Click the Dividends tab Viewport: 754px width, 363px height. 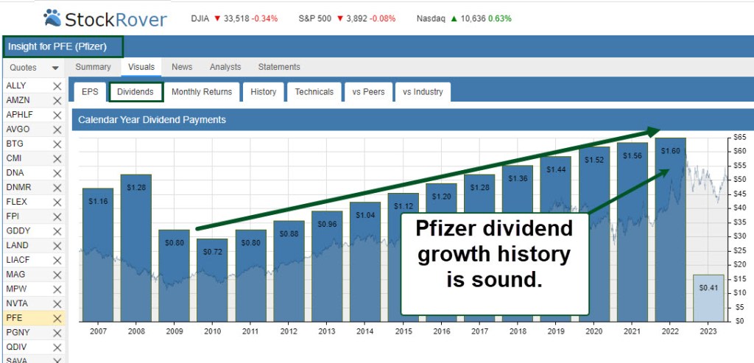(x=135, y=92)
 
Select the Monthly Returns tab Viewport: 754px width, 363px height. (x=202, y=92)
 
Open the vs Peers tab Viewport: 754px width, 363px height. (x=368, y=92)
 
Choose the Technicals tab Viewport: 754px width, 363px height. (x=314, y=92)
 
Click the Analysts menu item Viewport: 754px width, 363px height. (x=225, y=67)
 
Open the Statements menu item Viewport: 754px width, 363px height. (x=279, y=67)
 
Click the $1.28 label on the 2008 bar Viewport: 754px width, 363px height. (x=135, y=188)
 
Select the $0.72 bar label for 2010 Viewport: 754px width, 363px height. (x=213, y=252)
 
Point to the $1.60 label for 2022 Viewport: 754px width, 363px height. (x=670, y=151)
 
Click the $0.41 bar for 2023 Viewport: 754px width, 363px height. (x=708, y=288)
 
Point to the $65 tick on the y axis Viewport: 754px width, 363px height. (x=739, y=138)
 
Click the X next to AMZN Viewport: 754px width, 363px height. (x=57, y=100)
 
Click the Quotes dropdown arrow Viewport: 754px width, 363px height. (x=55, y=68)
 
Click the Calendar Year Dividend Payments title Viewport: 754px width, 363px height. (x=152, y=119)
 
